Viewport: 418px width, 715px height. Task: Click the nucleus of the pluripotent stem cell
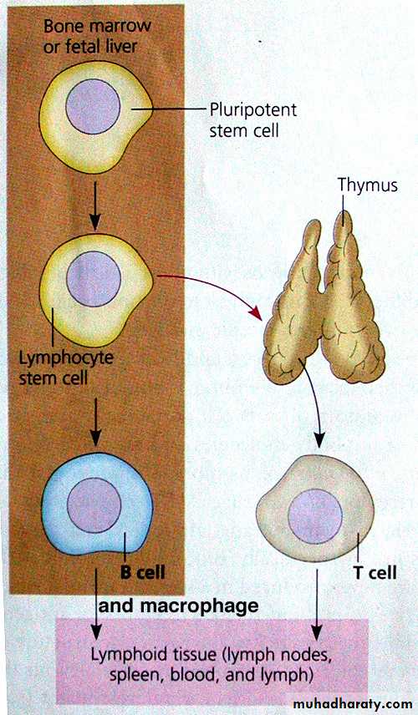[x=93, y=106]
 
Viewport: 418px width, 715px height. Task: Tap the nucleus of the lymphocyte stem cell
[x=94, y=279]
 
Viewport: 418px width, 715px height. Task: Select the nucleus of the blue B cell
[x=94, y=505]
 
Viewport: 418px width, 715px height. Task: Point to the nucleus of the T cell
[x=315, y=516]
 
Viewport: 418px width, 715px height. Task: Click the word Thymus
[x=367, y=185]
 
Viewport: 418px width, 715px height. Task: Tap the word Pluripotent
[x=253, y=110]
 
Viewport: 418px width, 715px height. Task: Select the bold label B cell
[x=142, y=572]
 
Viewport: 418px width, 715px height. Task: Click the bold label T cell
[x=375, y=573]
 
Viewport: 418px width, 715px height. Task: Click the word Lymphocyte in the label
[x=66, y=357]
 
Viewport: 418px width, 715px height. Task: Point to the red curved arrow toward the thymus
[x=215, y=286]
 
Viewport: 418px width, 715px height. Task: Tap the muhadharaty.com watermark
[x=353, y=704]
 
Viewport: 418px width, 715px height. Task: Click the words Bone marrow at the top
[x=97, y=26]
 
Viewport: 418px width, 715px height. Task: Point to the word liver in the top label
[x=122, y=46]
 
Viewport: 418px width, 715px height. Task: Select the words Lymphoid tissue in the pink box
[x=154, y=655]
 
